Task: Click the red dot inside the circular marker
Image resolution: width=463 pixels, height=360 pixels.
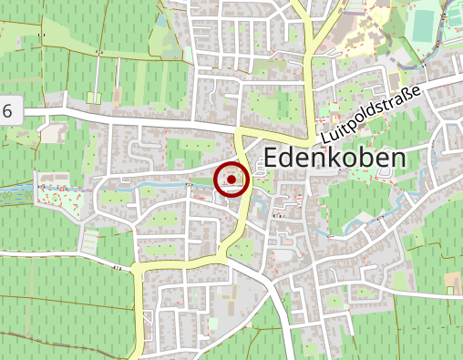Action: pos(231,180)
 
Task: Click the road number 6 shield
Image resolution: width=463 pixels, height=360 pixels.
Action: pos(9,111)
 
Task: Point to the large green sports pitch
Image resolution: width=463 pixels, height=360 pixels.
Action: pos(422,23)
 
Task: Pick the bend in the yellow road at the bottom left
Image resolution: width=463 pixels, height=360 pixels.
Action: pos(139,268)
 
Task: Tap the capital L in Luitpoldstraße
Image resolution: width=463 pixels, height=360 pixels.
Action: pos(326,138)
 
